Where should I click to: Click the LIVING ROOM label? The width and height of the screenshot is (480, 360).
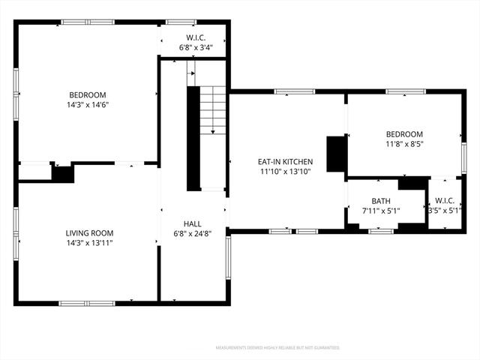coord(89,233)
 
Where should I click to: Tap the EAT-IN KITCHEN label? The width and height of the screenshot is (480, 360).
coord(285,162)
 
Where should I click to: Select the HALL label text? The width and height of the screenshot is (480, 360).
coord(193,223)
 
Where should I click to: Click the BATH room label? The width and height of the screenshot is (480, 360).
coord(381,201)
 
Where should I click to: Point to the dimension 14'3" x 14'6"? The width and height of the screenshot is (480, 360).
coord(88,105)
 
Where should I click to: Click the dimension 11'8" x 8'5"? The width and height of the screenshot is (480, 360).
coord(404,144)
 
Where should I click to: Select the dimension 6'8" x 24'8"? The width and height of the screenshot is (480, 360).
coord(193,233)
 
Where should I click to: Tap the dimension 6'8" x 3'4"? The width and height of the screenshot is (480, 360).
coord(196,47)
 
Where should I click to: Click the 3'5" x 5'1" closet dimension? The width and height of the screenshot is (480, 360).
coord(445,211)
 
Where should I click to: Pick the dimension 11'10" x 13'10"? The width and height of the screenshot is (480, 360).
coord(286,172)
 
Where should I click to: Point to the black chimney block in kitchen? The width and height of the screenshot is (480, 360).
coord(337,154)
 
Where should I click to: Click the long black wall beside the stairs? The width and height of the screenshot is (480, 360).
coord(193,139)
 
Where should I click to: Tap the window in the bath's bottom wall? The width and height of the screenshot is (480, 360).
coord(381,232)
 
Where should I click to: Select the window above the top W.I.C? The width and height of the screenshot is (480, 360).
coord(181,22)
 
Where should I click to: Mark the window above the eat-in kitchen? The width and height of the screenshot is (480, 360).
coord(295,91)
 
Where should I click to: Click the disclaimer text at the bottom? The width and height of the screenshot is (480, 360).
coord(277,348)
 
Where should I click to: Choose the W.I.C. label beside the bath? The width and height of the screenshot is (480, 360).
coord(445,201)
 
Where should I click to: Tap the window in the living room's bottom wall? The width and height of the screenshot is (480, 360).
coord(87,303)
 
